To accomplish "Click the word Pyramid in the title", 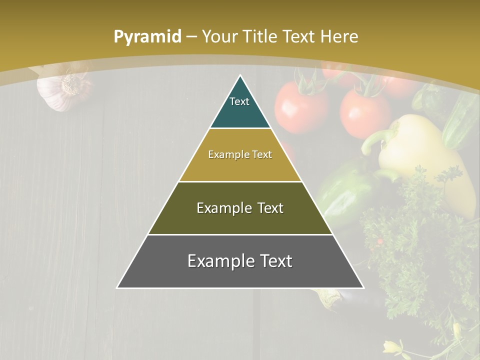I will pos(147,37).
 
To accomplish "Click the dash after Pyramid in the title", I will pos(191,37).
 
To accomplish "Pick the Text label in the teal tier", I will pos(239,101).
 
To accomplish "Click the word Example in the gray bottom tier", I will pos(219,261).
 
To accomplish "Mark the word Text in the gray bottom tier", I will pos(274,261).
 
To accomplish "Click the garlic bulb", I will pos(60,90).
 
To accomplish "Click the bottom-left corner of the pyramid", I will pos(117,288).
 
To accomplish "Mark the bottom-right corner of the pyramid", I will pos(363,288).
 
